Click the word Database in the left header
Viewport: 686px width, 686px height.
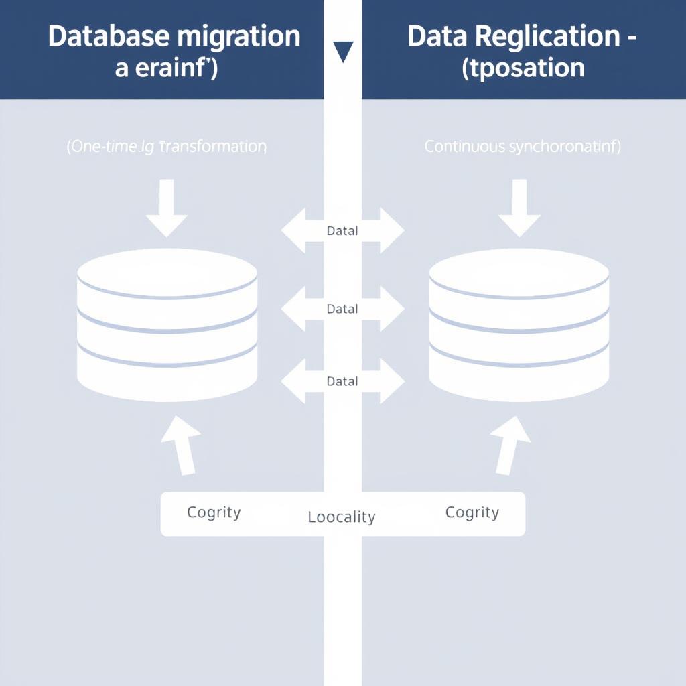[x=107, y=36]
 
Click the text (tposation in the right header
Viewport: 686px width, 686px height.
[x=523, y=68]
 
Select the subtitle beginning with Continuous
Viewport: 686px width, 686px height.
[x=523, y=147]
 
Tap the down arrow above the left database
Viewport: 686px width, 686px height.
[x=167, y=208]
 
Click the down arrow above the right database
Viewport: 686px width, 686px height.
[x=519, y=208]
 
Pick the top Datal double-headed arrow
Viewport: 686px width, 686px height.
[x=342, y=231]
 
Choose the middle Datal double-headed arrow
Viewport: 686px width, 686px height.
[x=342, y=309]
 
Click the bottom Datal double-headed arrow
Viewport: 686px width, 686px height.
[x=342, y=381]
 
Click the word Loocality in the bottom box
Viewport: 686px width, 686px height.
[x=342, y=517]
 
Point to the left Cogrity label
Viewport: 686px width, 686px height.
[x=214, y=513]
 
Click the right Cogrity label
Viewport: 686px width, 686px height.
[x=472, y=513]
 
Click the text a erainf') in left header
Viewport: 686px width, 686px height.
[x=166, y=68]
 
